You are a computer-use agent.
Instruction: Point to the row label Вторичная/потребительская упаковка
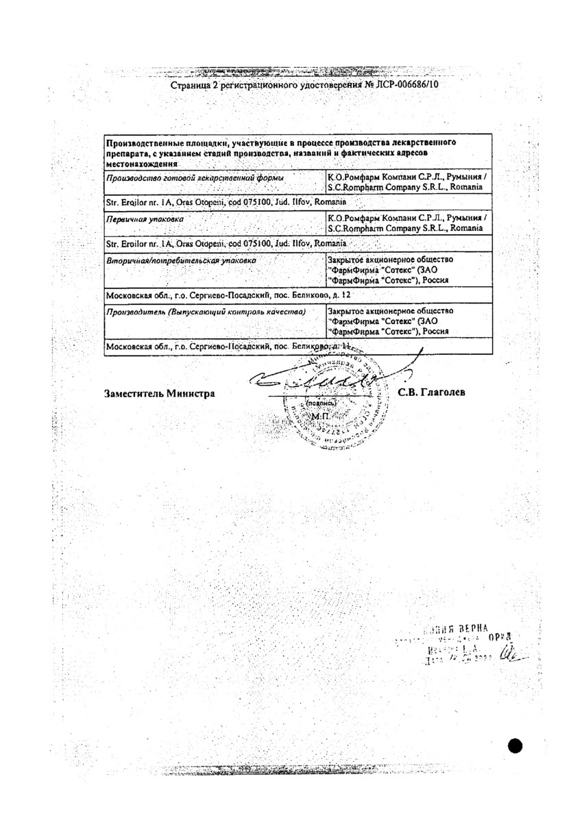[x=179, y=261]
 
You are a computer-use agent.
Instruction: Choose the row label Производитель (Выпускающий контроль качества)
[x=202, y=312]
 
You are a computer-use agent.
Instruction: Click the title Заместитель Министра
[x=159, y=393]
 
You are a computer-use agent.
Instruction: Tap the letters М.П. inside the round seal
[x=320, y=416]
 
